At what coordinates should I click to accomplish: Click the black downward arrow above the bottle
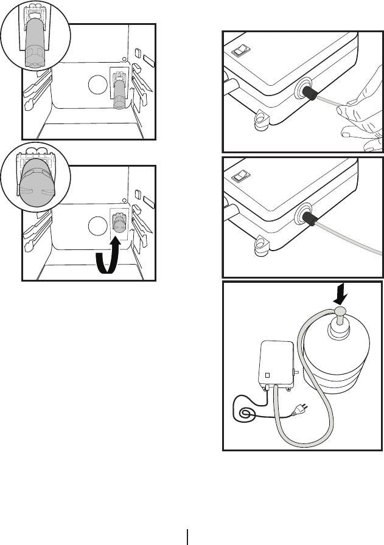coord(339,297)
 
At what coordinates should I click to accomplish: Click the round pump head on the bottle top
coord(339,312)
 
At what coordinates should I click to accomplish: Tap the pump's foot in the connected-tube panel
coord(262,245)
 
